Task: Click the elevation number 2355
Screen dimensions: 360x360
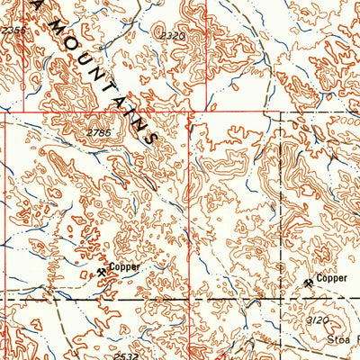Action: (x=12, y=30)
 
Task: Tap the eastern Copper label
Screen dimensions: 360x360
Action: (x=332, y=281)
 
